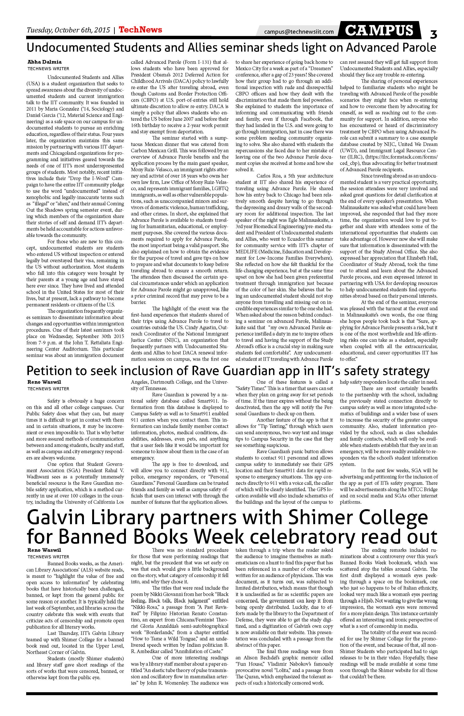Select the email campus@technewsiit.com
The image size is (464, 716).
click(x=299, y=32)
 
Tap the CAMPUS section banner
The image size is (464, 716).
click(x=379, y=30)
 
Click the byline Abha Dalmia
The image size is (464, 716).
click(x=44, y=62)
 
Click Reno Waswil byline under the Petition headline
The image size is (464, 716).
click(x=44, y=382)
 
